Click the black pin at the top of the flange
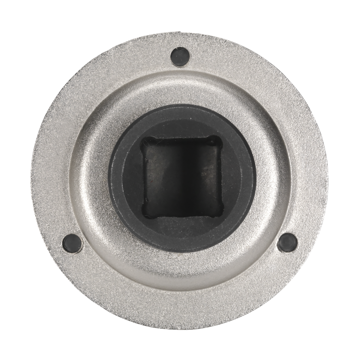click(180, 56)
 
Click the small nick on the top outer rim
click(180, 31)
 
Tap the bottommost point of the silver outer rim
click(180, 329)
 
